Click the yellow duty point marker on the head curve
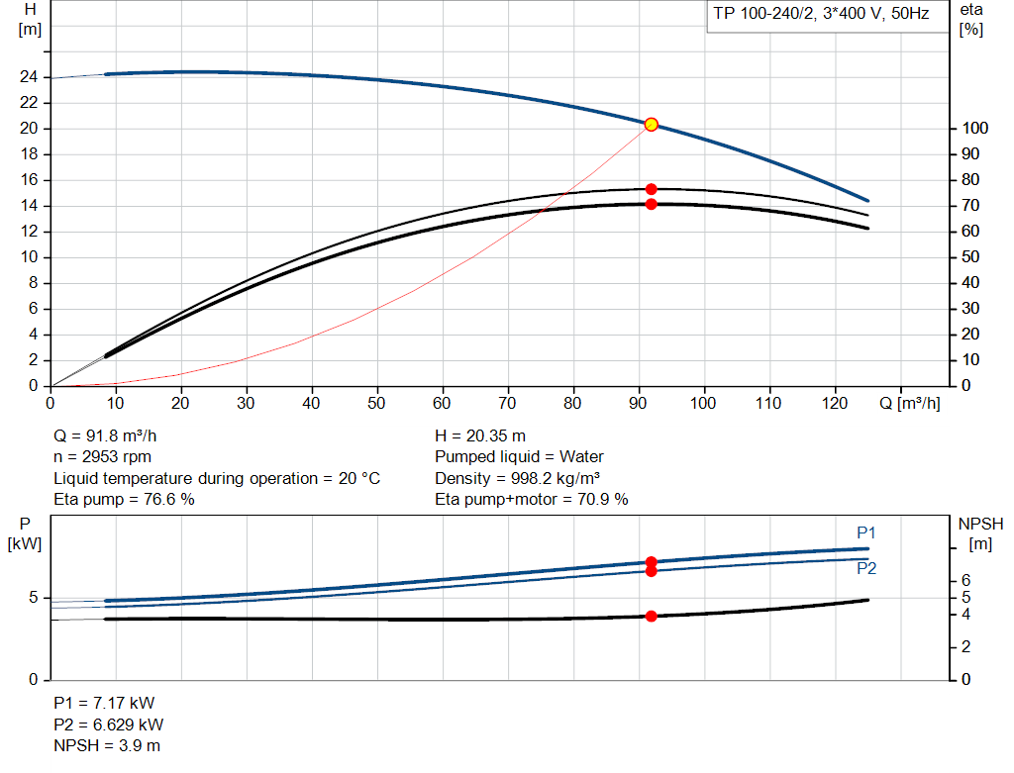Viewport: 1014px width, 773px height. (x=651, y=124)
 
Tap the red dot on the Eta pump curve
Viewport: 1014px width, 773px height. (x=651, y=189)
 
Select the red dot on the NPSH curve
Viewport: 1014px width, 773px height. (x=651, y=616)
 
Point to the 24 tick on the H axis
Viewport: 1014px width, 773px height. (x=30, y=77)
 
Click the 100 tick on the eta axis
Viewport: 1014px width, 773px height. (x=974, y=129)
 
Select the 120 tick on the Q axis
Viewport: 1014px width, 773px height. (x=835, y=403)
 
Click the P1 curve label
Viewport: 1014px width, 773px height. (x=866, y=532)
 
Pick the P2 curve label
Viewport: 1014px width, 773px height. (x=866, y=569)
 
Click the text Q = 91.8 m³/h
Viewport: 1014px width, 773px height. (x=105, y=435)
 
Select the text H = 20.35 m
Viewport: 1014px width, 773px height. (x=480, y=435)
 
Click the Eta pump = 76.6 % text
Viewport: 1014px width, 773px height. (x=124, y=500)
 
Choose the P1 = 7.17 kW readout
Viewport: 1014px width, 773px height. (x=104, y=703)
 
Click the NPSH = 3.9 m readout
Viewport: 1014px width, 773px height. (x=107, y=745)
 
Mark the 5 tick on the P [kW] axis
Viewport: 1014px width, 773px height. (x=33, y=598)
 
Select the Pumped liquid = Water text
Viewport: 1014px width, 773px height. (x=519, y=457)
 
